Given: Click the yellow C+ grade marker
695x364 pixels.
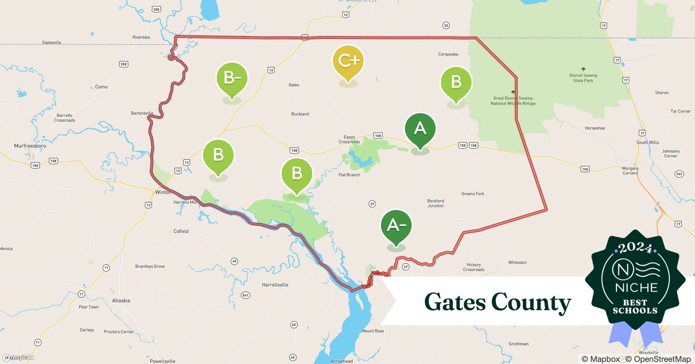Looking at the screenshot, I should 348,61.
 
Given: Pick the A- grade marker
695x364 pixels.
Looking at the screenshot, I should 396,225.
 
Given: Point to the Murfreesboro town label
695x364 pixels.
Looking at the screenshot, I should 30,146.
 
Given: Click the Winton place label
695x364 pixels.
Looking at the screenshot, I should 163,192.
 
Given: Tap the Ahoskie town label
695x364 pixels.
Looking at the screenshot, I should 121,301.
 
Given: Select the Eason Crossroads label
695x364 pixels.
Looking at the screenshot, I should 349,139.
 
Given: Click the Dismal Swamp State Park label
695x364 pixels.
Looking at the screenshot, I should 583,78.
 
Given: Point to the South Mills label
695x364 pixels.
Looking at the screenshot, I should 647,142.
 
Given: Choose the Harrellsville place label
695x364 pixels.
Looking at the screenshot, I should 275,285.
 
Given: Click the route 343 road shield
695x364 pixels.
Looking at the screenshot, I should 679,174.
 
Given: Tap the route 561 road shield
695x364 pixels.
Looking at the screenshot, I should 245,295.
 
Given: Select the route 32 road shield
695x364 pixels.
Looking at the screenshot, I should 446,25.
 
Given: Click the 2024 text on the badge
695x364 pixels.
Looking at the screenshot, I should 635,248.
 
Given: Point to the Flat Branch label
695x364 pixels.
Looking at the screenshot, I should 349,175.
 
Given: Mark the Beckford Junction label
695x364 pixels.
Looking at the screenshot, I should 435,203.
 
